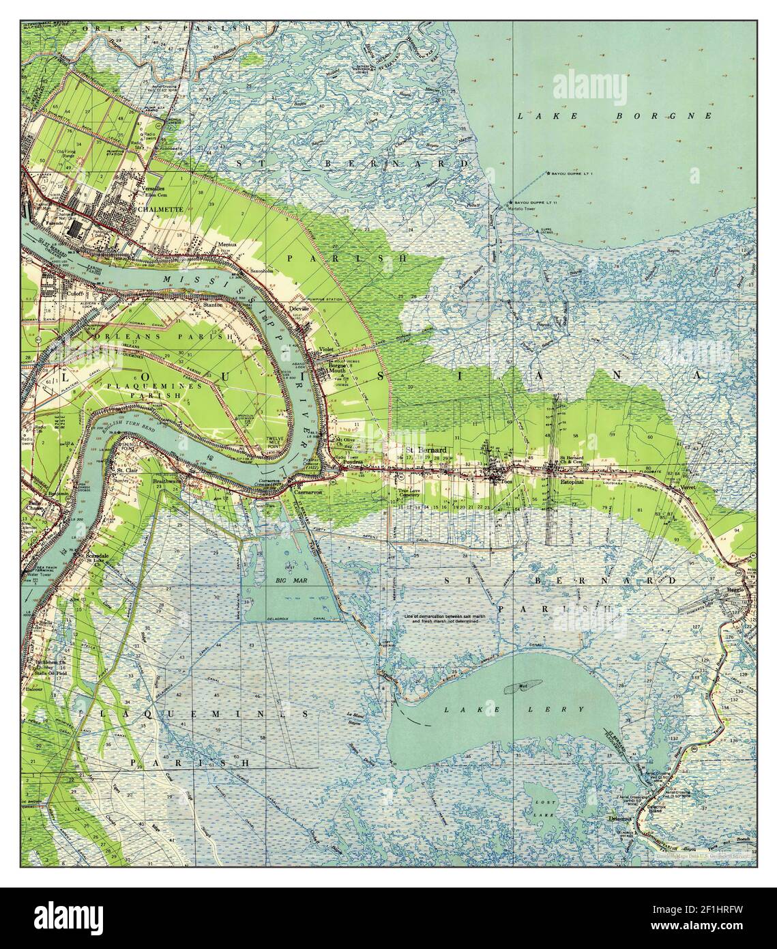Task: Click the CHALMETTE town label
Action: point(159,210)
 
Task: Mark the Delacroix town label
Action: point(621,817)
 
